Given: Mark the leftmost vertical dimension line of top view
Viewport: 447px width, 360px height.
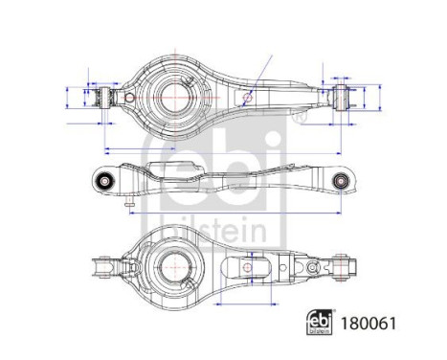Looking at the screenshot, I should coord(66,98).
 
